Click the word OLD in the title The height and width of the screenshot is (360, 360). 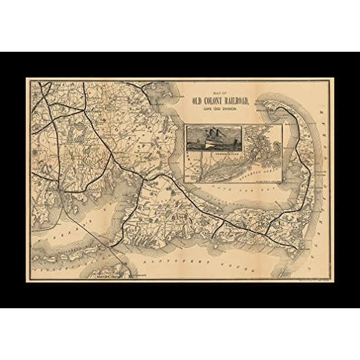(x=198, y=100)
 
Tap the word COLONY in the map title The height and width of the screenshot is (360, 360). (x=215, y=100)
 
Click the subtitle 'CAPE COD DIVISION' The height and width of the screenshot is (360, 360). (x=219, y=108)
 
